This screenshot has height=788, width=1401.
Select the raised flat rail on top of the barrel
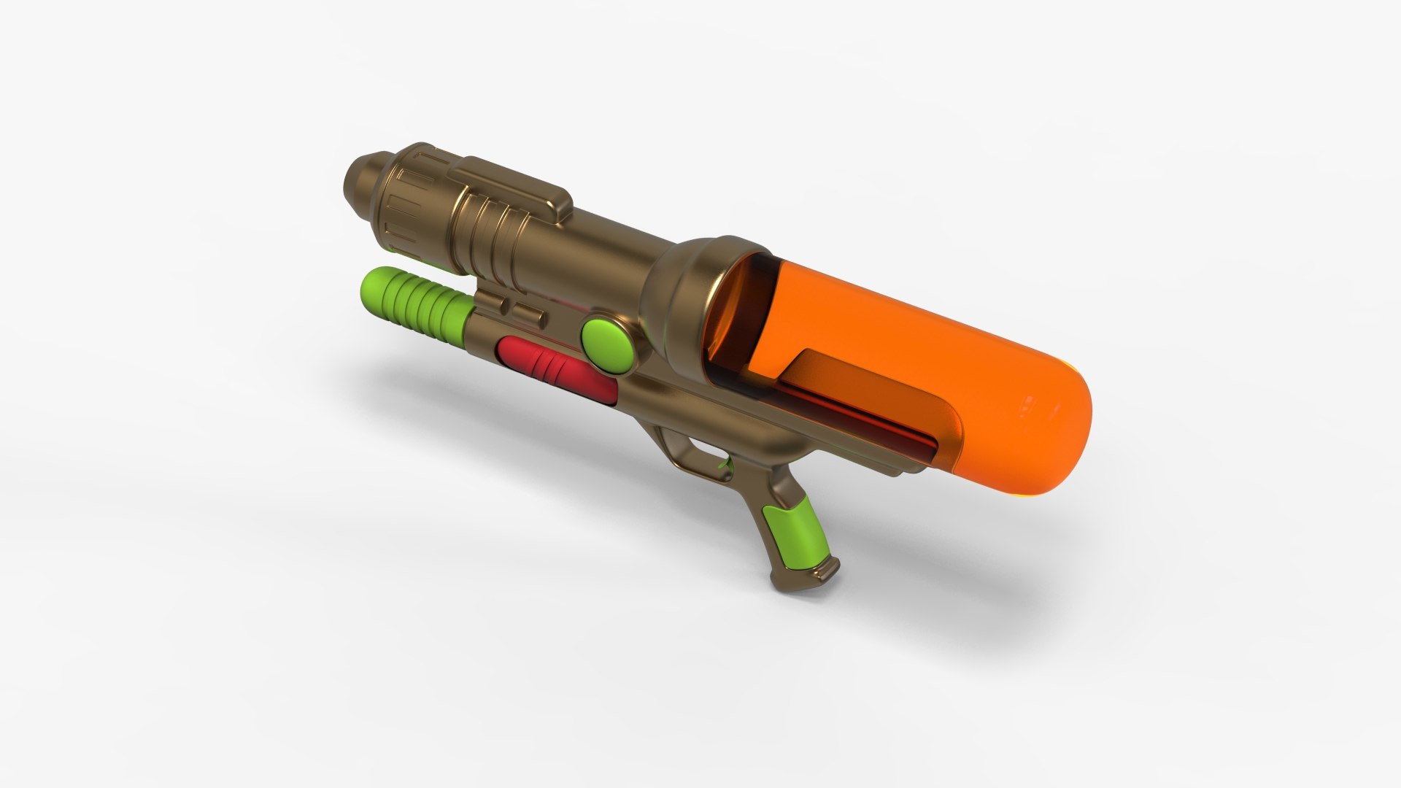(511, 182)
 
